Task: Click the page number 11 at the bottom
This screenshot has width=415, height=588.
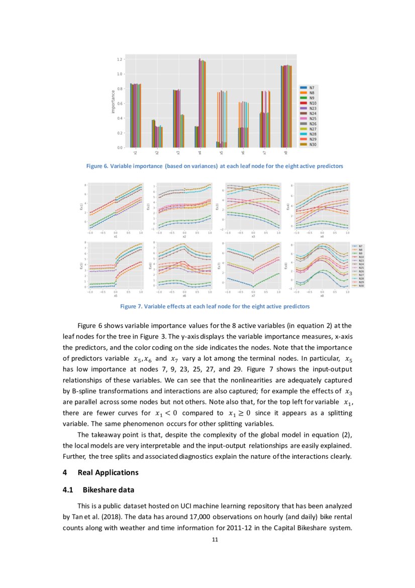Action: click(x=215, y=540)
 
